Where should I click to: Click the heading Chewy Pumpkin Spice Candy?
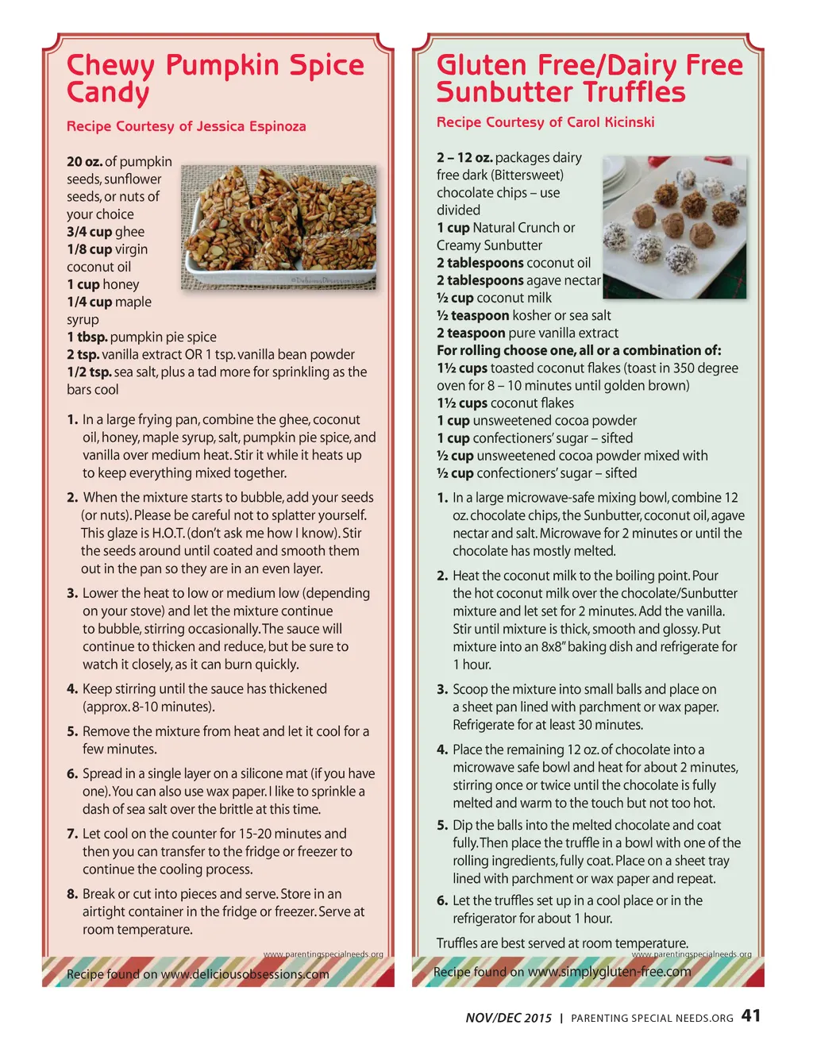click(214, 78)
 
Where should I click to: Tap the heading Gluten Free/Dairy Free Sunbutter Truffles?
click(589, 78)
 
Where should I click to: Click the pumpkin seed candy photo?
click(279, 227)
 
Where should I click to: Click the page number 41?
click(750, 1016)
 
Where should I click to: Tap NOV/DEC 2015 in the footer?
click(508, 1018)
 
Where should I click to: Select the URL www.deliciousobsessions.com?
click(245, 974)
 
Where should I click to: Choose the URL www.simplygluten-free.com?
click(609, 972)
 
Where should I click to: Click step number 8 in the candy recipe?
click(71, 894)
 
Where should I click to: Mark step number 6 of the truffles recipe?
click(442, 900)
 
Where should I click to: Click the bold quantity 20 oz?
click(84, 161)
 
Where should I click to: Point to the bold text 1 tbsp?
click(87, 337)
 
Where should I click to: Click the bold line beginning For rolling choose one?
click(579, 350)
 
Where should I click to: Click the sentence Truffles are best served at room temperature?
click(562, 942)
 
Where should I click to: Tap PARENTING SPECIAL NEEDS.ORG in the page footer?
click(652, 1018)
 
